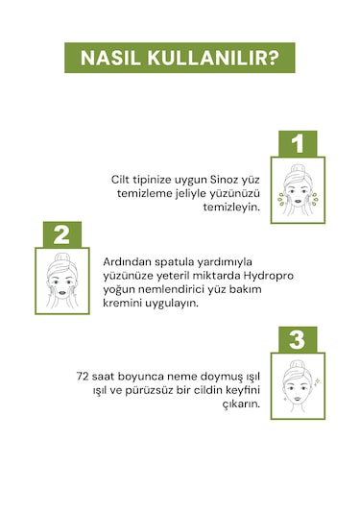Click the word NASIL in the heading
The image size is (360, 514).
pos(114,58)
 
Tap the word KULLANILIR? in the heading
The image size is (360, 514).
pos(214,58)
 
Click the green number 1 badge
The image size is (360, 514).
pos(298,144)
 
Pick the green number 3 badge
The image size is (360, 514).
pos(298,340)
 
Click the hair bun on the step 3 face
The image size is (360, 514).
pos(297,365)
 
